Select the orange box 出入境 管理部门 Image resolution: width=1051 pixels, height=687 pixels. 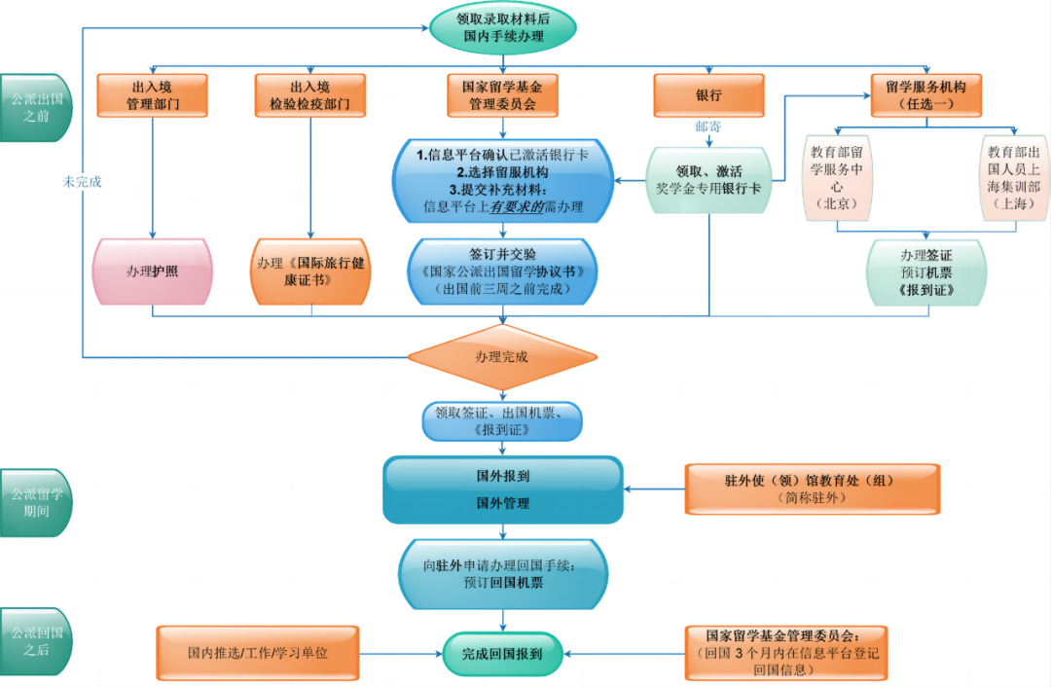coord(152,95)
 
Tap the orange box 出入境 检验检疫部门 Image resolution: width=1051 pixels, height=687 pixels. coord(309,95)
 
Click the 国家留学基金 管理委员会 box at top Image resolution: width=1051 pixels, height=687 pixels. coord(502,95)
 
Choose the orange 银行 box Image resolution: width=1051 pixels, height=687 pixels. coord(708,95)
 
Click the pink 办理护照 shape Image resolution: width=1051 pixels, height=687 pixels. coord(152,271)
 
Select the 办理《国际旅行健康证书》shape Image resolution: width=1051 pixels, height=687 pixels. coord(310,271)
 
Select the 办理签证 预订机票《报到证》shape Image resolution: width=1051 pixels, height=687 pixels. coord(926,271)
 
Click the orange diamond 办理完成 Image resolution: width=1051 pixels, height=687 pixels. coord(502,357)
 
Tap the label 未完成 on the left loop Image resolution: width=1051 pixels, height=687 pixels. coord(83,181)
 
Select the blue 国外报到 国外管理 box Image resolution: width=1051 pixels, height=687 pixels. coord(502,489)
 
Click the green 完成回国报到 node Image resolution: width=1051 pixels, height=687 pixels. coord(502,653)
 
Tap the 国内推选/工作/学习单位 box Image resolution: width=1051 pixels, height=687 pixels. coord(258,653)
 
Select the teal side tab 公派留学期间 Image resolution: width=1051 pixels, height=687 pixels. coord(36,502)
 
